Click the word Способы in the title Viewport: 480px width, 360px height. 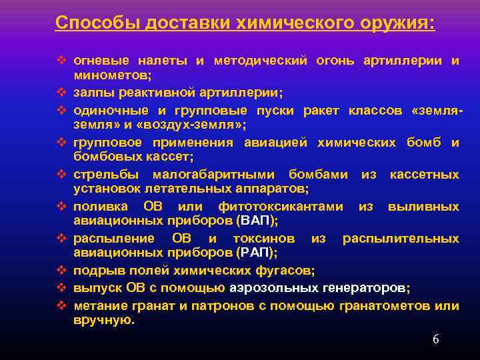[88, 23]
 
